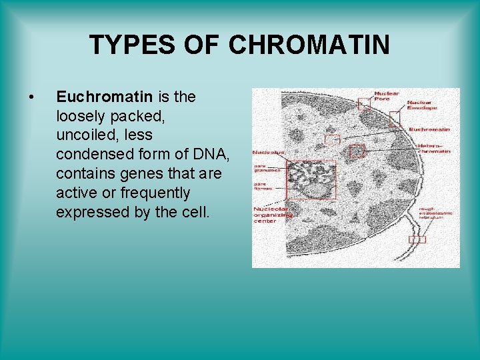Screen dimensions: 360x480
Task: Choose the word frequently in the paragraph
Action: (x=157, y=193)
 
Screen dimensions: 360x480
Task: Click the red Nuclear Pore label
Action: (x=387, y=96)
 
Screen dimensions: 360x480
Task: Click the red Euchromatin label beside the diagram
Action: (x=429, y=129)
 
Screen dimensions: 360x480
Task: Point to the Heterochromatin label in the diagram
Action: (x=433, y=148)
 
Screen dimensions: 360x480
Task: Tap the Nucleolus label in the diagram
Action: (x=268, y=153)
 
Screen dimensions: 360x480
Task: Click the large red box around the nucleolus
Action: (x=311, y=179)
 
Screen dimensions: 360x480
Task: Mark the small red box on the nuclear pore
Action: (x=363, y=103)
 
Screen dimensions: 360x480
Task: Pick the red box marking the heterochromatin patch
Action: (x=357, y=151)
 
